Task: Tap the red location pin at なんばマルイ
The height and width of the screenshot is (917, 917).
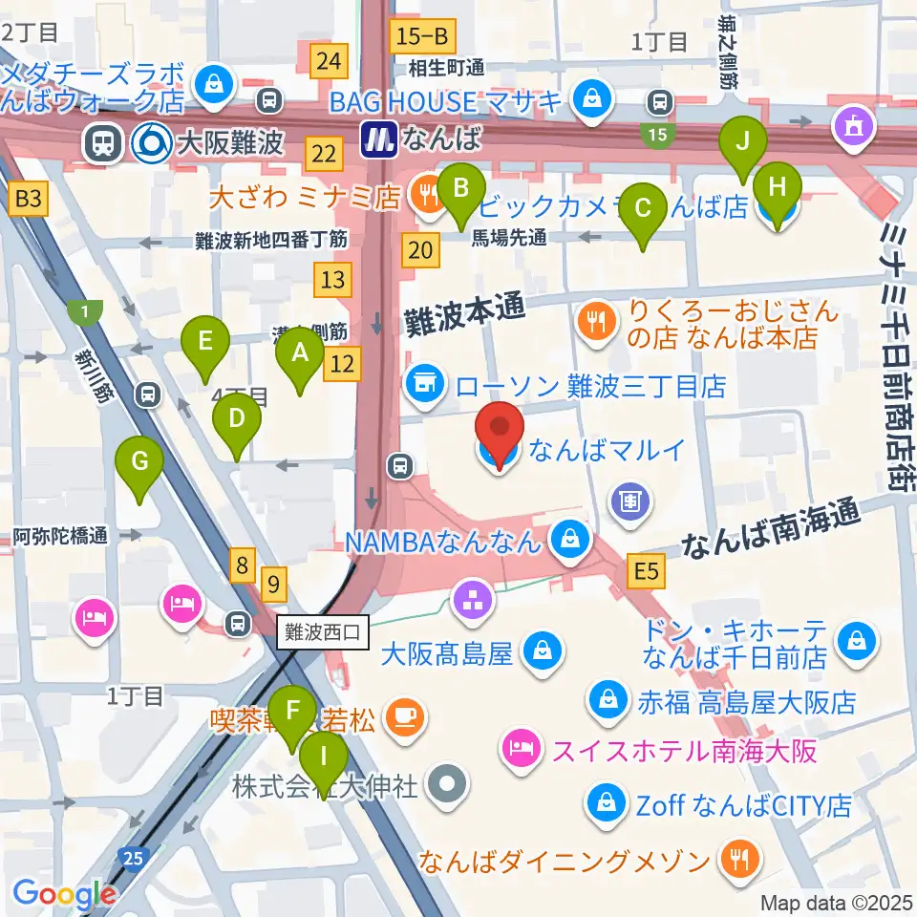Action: pos(501,434)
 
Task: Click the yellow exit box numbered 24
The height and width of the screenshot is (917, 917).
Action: pos(329,62)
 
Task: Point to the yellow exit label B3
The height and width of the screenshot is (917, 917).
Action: pos(29,200)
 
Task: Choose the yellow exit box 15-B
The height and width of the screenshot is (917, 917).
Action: pos(422,37)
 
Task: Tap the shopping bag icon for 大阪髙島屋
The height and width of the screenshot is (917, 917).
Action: pos(543,655)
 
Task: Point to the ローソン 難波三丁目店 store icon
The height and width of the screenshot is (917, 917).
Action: pos(422,386)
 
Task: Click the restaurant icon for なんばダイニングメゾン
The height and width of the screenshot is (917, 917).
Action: pos(738,862)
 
